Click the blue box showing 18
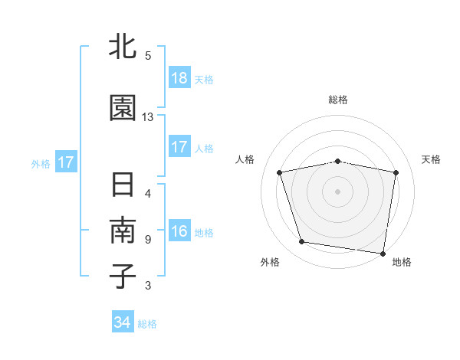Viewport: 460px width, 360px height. coord(179,79)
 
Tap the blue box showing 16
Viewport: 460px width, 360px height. coord(179,232)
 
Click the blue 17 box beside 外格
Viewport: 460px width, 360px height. coord(66,162)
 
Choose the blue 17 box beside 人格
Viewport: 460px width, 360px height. coord(179,148)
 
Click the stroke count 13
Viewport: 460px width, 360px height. coord(148,117)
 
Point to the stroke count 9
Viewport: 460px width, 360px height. coord(148,240)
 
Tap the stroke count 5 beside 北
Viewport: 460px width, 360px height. coord(148,56)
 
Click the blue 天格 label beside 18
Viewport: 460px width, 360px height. coord(204,80)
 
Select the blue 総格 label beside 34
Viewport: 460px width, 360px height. coord(147,324)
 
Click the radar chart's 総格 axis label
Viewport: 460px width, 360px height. coord(338,100)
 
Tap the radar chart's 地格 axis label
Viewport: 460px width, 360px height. coord(402,262)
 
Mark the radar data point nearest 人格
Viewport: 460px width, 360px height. coord(280,172)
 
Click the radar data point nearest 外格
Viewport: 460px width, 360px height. coord(302,242)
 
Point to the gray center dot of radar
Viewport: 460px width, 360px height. coord(338,191)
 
